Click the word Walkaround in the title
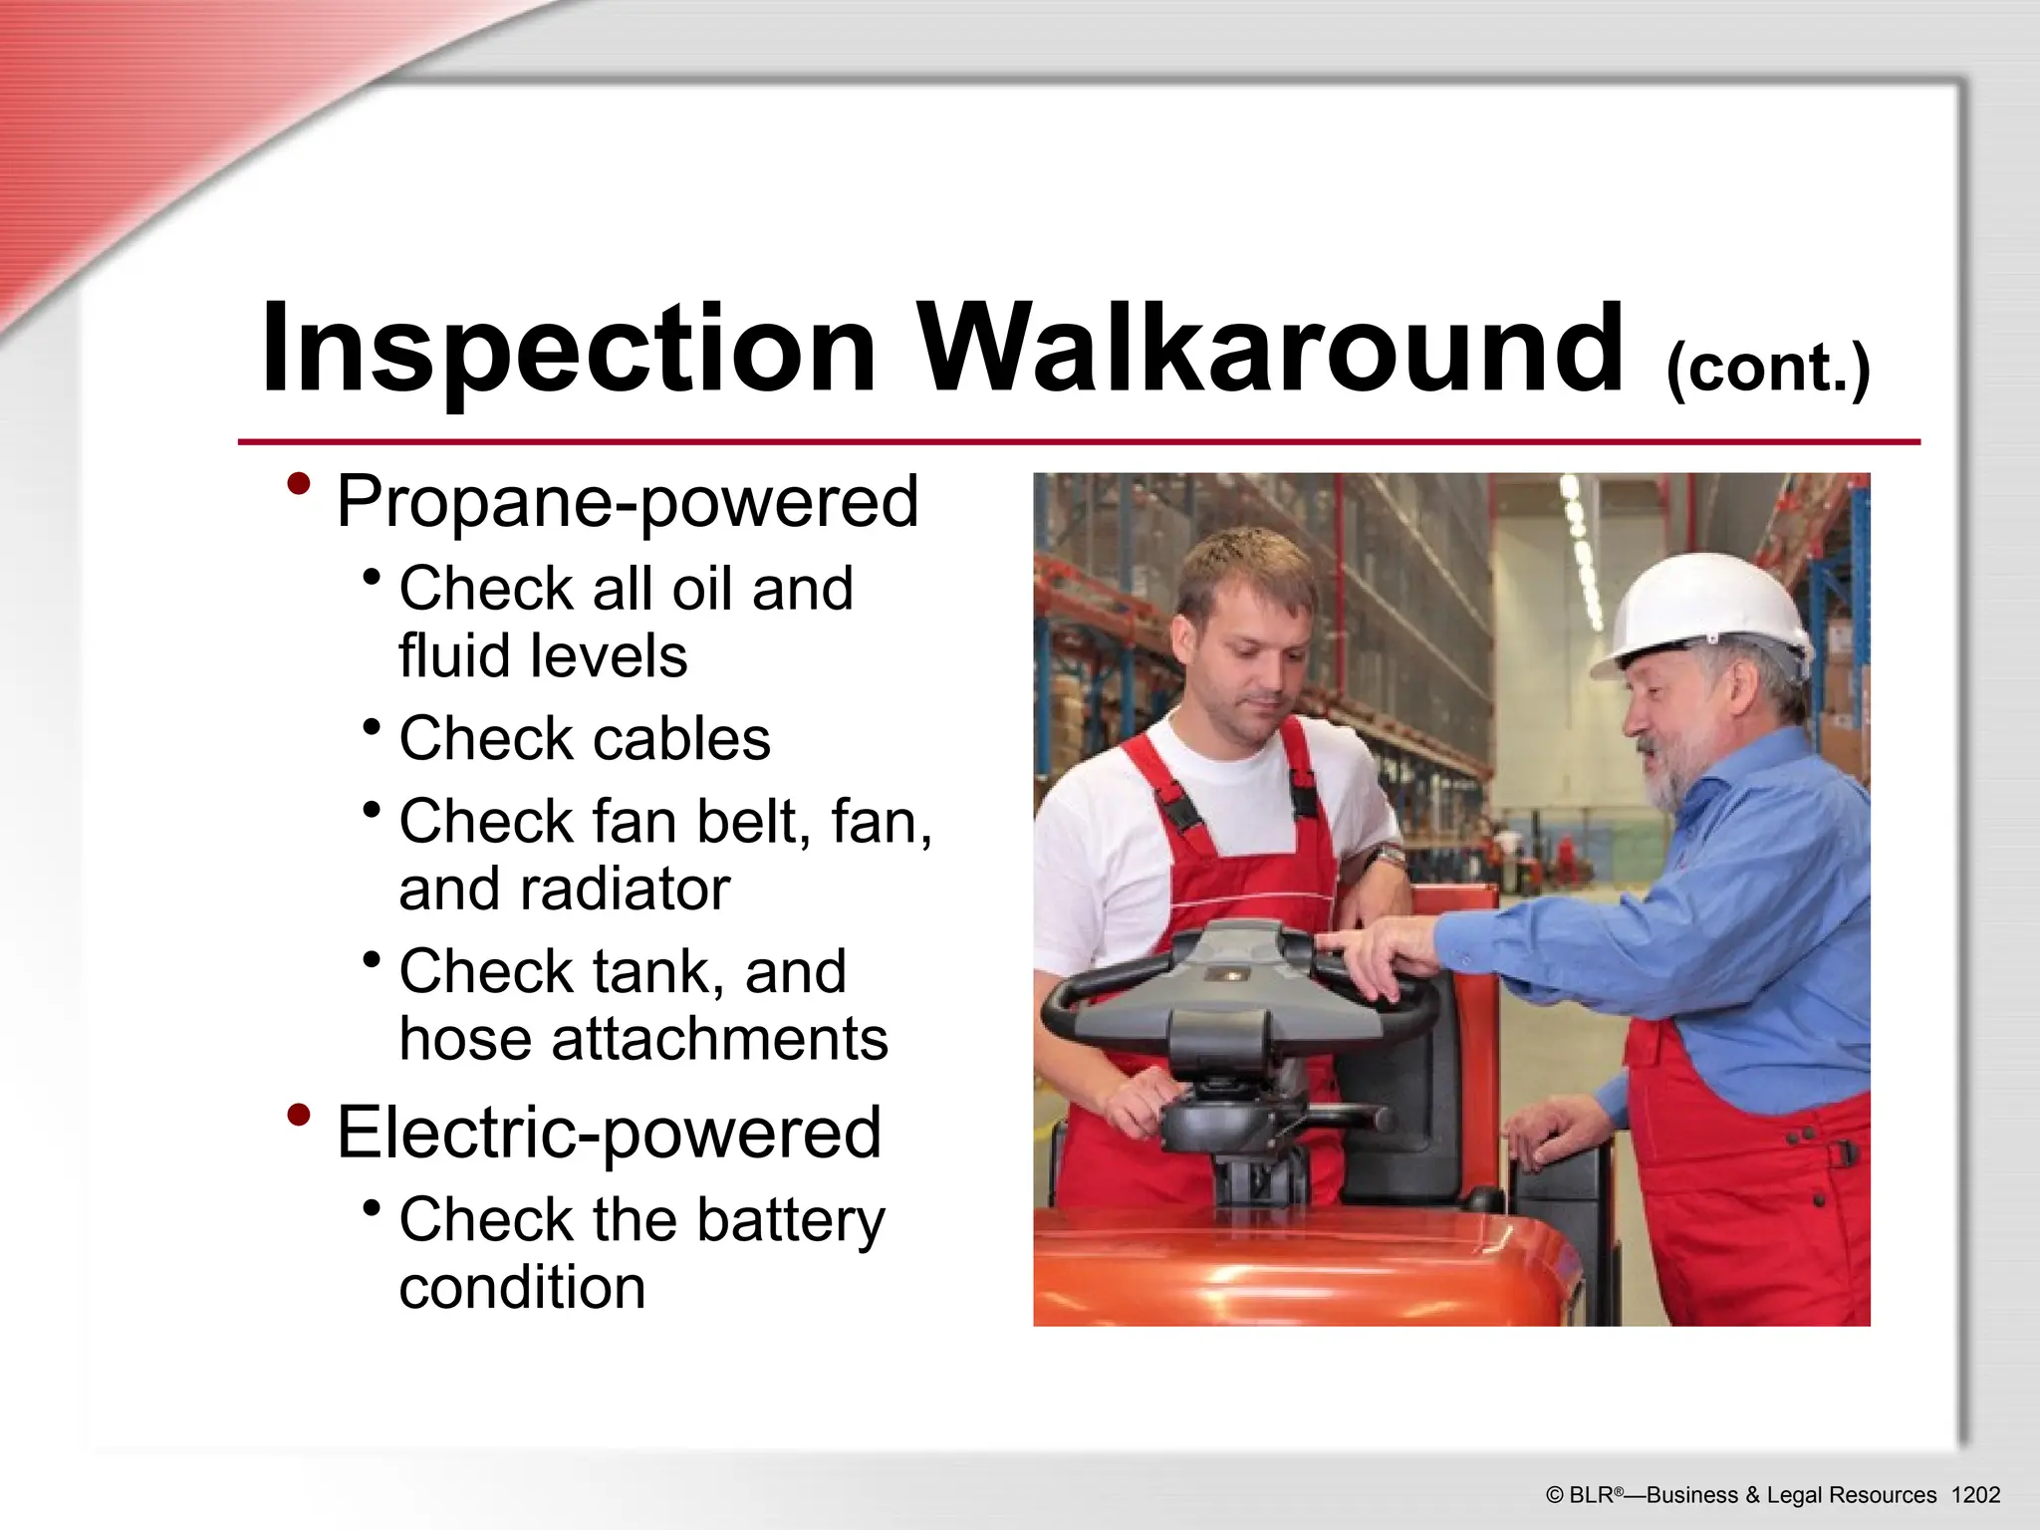[x=1270, y=349]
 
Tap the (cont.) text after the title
[x=1768, y=369]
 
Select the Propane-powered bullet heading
[x=628, y=501]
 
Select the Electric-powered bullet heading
[x=609, y=1133]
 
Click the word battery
[x=790, y=1220]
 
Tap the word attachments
[x=719, y=1039]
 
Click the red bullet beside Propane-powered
[x=298, y=485]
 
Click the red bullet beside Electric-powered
[x=298, y=1115]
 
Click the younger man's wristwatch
[x=1386, y=855]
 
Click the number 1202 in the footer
[x=1975, y=1495]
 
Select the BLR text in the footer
[x=1591, y=1495]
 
